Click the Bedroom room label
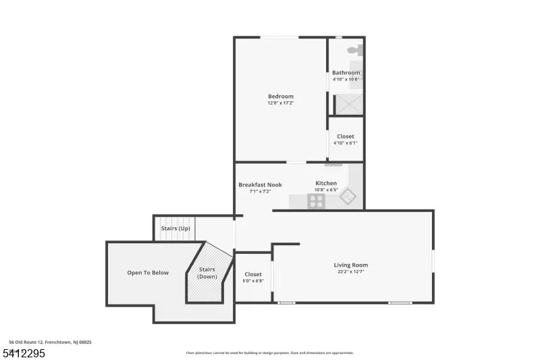(281, 97)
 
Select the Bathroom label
(346, 73)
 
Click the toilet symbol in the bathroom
(356, 49)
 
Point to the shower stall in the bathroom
(349, 105)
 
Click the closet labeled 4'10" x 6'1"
(346, 139)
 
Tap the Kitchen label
(326, 183)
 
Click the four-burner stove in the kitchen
(317, 201)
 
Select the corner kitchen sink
(348, 197)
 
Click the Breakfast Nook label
(260, 184)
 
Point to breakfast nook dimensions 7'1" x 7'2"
(260, 192)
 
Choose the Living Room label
(351, 265)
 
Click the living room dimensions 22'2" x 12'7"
(351, 272)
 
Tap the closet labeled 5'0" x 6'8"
(253, 277)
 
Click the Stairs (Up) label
(175, 228)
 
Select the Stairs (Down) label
(207, 273)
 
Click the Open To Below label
(148, 273)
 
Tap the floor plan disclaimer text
(269, 353)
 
